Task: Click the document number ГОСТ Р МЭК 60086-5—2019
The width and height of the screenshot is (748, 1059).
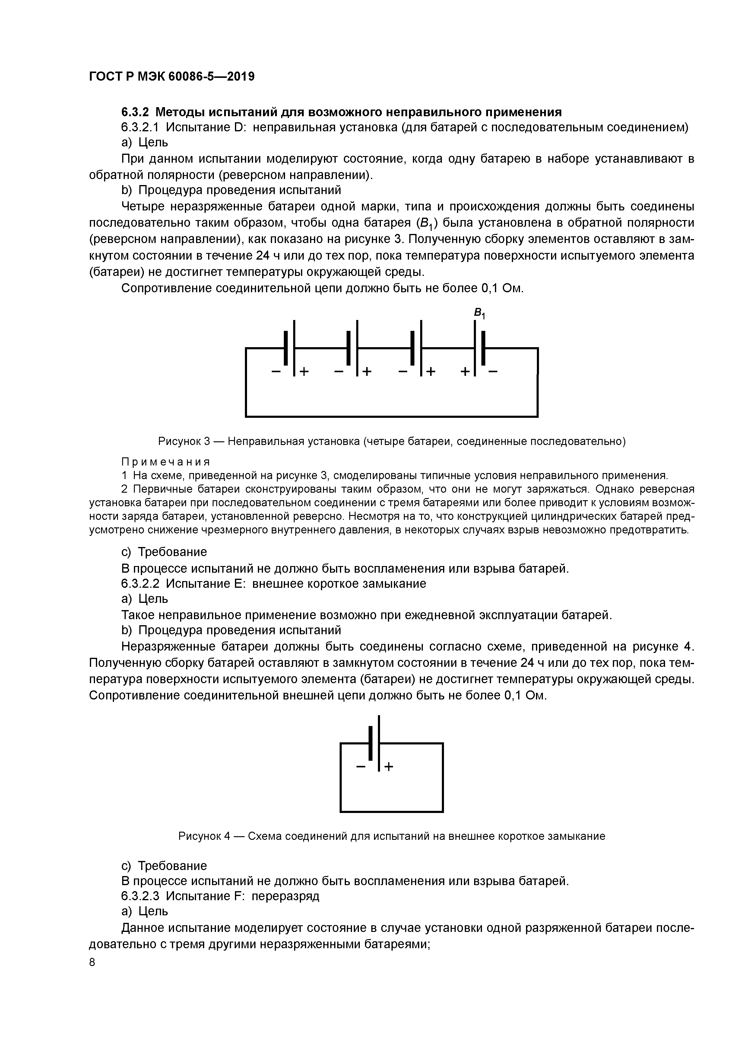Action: tap(171, 77)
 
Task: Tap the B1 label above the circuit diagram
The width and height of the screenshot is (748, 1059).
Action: tap(479, 314)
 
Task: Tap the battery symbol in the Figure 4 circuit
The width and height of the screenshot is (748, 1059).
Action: tap(374, 744)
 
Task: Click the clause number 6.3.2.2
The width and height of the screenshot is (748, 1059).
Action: tap(140, 584)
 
